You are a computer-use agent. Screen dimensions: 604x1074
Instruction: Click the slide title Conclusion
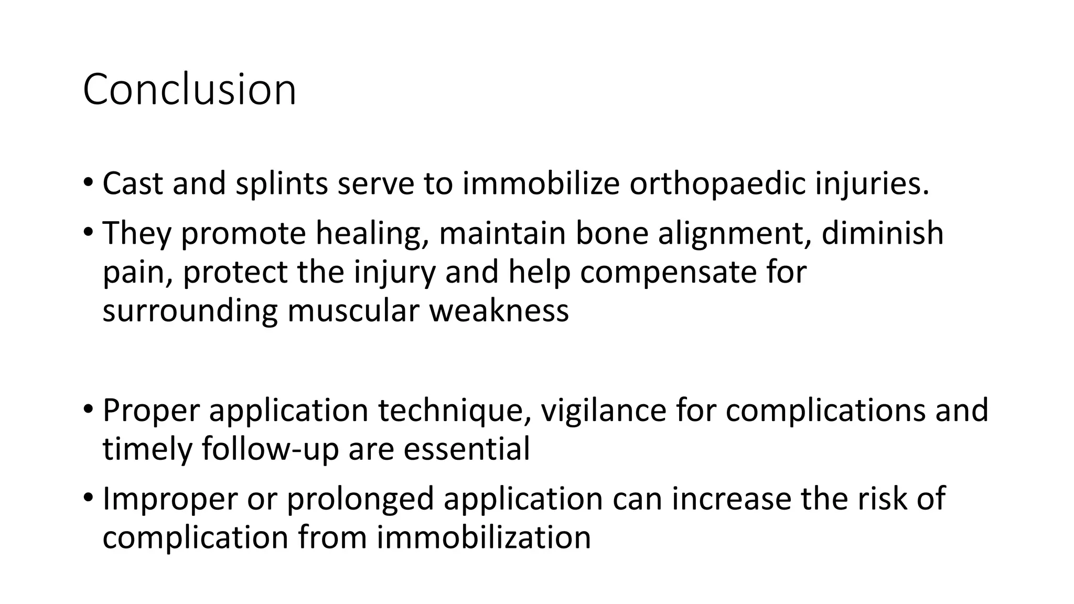pos(189,90)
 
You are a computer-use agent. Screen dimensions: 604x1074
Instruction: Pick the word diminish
pos(883,233)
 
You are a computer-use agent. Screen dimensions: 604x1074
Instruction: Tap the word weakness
pos(499,310)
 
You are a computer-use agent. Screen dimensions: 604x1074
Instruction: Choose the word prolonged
pos(360,499)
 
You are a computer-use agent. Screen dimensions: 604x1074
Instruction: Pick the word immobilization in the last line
pos(484,537)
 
